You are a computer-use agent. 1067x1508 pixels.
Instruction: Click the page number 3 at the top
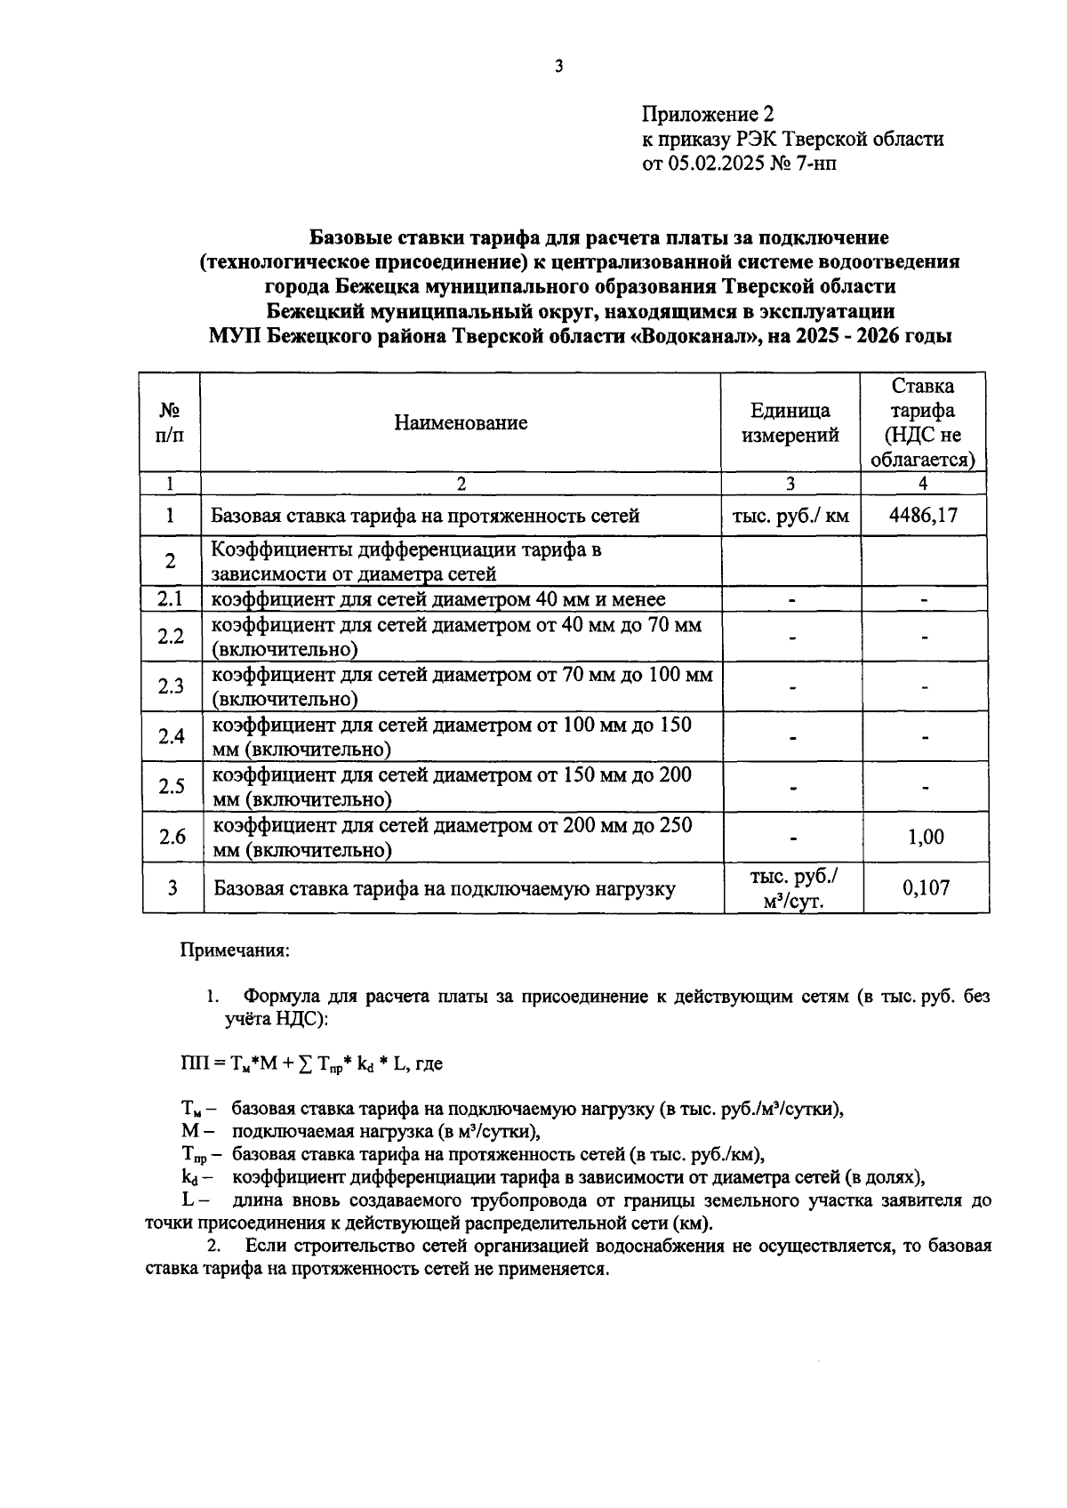coord(558,66)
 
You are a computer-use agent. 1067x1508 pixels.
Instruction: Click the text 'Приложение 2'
coord(708,114)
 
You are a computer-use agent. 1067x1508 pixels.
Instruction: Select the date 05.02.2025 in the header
coord(716,164)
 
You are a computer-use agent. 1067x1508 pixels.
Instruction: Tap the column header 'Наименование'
coord(461,422)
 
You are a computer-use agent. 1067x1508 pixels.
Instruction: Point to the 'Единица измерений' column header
coord(790,422)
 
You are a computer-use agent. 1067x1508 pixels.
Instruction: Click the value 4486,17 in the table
coord(923,515)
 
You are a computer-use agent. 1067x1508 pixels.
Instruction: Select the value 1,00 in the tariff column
coord(925,837)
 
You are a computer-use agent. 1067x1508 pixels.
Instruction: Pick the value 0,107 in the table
coord(925,887)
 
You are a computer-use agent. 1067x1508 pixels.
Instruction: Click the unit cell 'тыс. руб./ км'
coord(790,515)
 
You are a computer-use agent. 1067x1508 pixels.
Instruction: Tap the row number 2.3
coord(171,686)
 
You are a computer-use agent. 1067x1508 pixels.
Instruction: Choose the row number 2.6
coord(172,837)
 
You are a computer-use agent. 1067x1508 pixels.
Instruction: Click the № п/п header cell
coord(170,422)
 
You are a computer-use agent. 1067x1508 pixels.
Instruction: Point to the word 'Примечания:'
coord(235,950)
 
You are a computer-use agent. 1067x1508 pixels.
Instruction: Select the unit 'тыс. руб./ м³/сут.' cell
coord(793,888)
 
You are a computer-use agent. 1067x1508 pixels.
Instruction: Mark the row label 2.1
coord(170,599)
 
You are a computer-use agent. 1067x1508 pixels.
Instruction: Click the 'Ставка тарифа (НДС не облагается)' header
coord(923,422)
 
